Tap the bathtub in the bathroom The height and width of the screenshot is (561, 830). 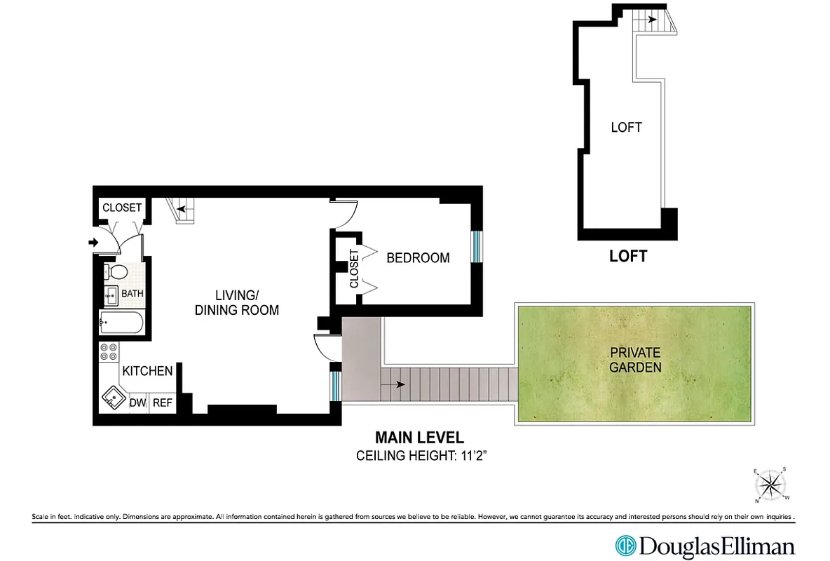(122, 323)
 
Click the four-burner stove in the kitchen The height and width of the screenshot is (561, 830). (109, 352)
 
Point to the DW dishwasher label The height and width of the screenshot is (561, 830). (138, 403)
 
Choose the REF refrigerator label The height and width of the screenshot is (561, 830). (163, 403)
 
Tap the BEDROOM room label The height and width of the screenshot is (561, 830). (418, 258)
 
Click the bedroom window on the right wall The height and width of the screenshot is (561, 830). (476, 246)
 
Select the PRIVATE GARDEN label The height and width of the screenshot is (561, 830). (634, 360)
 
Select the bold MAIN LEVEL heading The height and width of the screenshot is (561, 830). (419, 438)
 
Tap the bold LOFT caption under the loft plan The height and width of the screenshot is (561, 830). (627, 257)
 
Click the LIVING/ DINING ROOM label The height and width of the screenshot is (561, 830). (236, 303)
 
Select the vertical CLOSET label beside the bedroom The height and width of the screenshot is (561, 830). (354, 269)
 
